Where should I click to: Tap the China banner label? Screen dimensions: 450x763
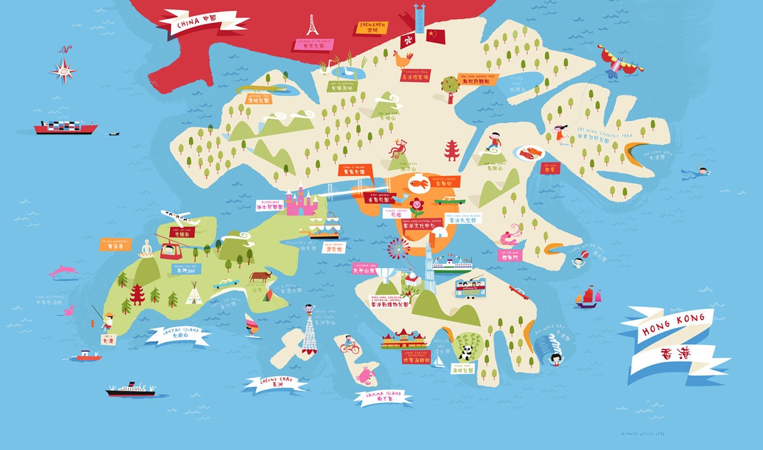pyautogui.click(x=202, y=23)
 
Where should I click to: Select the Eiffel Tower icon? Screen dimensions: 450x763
pyautogui.click(x=312, y=25)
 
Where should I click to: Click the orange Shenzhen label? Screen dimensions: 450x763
pyautogui.click(x=373, y=27)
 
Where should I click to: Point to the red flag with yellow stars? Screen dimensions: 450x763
pyautogui.click(x=436, y=36)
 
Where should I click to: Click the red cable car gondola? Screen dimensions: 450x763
pyautogui.click(x=168, y=250)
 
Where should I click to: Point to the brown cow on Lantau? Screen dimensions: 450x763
pyautogui.click(x=259, y=276)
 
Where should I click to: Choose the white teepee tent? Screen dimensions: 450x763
pyautogui.click(x=193, y=294)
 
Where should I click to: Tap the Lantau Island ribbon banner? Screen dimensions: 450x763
pyautogui.click(x=179, y=335)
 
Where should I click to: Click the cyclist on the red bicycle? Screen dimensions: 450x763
pyautogui.click(x=349, y=344)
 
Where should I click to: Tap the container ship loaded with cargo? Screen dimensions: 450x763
pyautogui.click(x=66, y=127)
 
